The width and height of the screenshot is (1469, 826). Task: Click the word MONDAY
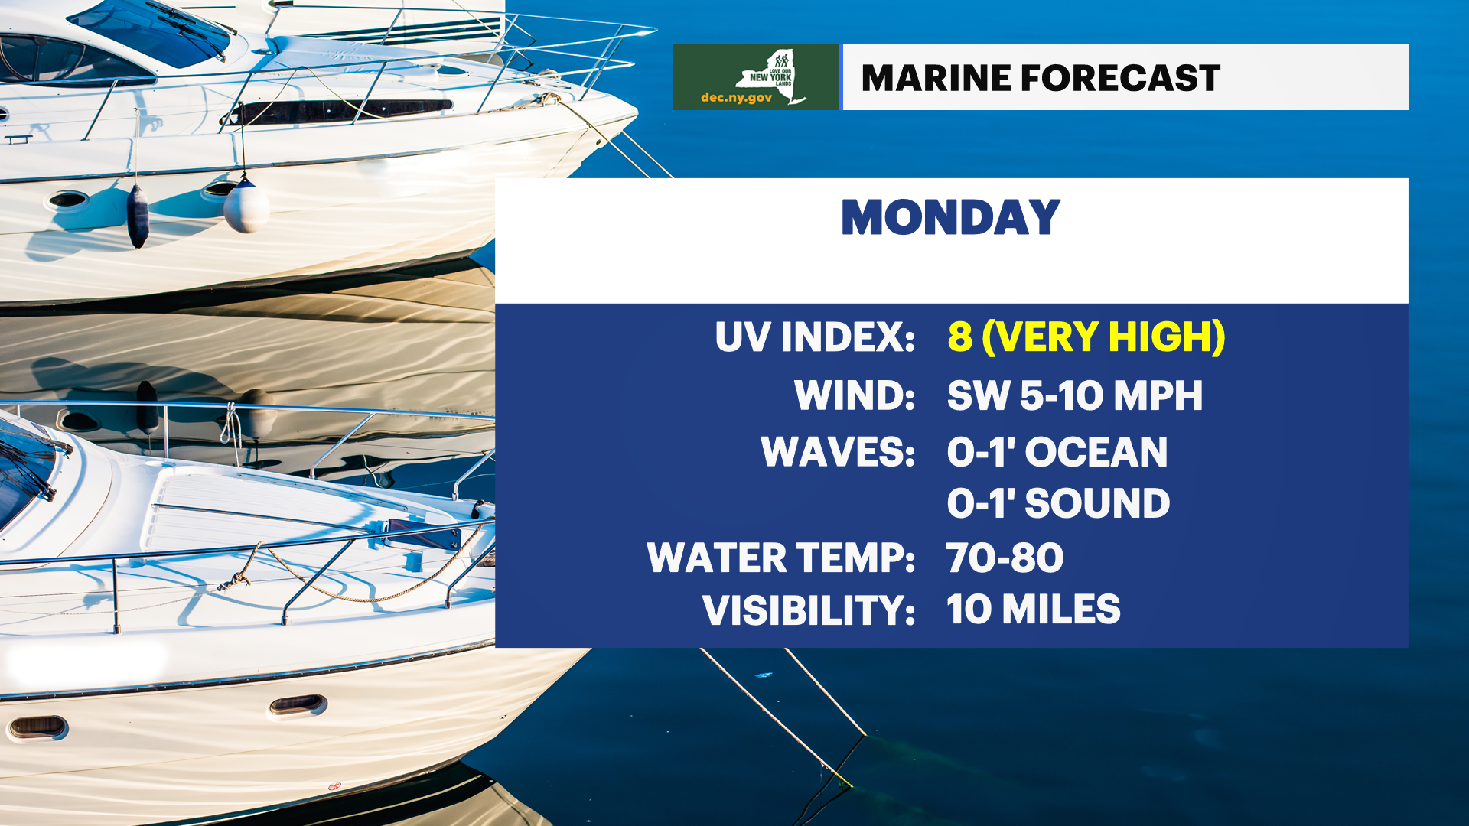point(950,217)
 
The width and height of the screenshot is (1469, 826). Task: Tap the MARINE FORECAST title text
point(1041,78)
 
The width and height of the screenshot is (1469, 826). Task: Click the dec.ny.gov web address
point(736,98)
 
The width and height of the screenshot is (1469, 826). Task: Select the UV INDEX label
point(815,337)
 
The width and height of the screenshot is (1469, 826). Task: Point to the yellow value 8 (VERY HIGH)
point(1086,337)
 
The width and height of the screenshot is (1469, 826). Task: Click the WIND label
point(855,395)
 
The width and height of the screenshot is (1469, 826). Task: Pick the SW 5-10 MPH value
point(1075,395)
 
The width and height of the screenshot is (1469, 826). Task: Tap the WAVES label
point(838,451)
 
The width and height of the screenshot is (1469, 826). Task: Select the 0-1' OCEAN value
point(1057,451)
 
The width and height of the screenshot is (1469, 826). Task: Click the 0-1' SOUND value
point(1058,502)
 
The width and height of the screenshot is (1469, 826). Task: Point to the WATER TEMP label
point(781,558)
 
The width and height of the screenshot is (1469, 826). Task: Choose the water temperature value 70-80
point(1005,558)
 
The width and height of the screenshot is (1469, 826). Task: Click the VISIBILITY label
point(809,610)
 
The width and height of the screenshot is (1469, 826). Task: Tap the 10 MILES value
point(1033,610)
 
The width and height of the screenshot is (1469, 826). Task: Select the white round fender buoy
point(246,206)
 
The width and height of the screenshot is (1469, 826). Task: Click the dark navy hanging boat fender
point(138,216)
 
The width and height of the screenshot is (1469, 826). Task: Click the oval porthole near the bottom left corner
point(37,727)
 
